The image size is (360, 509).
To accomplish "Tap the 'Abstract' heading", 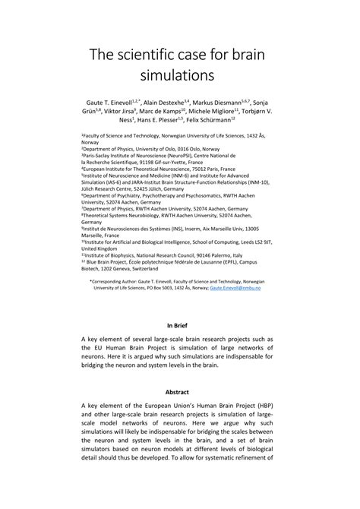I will click(x=180, y=393).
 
